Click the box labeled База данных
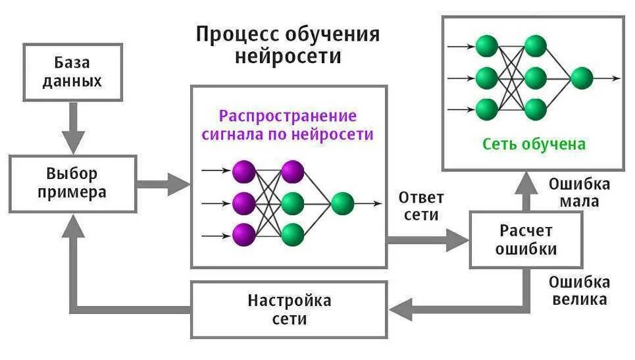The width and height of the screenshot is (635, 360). [x=72, y=72]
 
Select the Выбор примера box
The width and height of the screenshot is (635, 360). [x=72, y=183]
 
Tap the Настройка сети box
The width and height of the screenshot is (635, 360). [x=289, y=310]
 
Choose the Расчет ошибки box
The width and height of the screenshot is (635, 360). [x=526, y=240]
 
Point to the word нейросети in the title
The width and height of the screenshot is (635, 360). [x=288, y=56]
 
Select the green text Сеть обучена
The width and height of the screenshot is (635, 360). [x=534, y=143]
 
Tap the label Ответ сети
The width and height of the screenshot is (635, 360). [x=421, y=205]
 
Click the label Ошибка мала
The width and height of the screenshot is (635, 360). [x=579, y=192]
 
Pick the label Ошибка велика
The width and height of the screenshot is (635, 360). [x=579, y=291]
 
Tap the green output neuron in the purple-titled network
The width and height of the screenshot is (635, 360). [x=342, y=204]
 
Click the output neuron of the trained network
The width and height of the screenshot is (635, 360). [x=582, y=78]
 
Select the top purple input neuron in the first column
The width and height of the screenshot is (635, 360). [x=243, y=171]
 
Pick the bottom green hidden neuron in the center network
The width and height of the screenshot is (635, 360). [x=292, y=234]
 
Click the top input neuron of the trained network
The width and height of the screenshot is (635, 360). [x=486, y=46]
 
